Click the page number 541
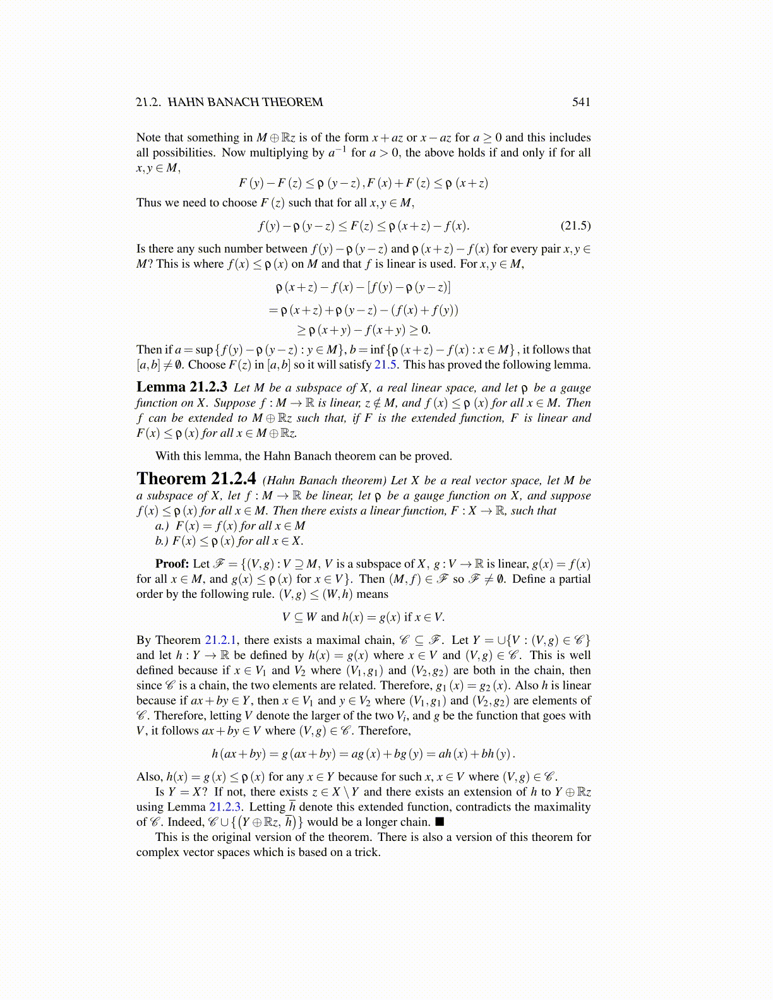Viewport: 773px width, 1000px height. (x=581, y=102)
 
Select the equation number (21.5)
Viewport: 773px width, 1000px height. (x=575, y=226)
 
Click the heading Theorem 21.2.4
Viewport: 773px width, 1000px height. (x=196, y=479)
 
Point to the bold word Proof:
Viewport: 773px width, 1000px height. (x=172, y=564)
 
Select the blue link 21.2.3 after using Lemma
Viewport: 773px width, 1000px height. (x=225, y=807)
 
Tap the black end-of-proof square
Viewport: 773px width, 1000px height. (x=440, y=822)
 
